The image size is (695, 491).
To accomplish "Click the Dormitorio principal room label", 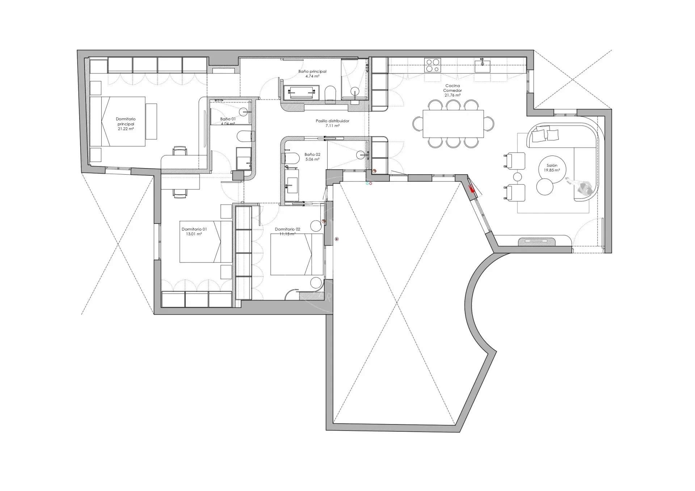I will click(126, 121).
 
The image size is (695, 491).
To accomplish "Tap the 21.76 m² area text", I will click(452, 95).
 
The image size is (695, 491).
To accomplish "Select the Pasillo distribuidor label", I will click(332, 121).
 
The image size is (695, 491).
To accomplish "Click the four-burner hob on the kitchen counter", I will click(432, 65).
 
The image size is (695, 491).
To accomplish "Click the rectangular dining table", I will click(453, 124).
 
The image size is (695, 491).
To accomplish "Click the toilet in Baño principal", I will click(330, 93).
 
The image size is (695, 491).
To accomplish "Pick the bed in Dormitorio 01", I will click(205, 242).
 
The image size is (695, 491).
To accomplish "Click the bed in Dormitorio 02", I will click(297, 254).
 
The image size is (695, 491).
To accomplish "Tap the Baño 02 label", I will click(312, 154).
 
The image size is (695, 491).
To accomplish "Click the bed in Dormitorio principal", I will click(118, 121).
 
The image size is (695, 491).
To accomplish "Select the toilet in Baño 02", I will click(291, 158).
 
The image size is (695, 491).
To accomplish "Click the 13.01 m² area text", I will click(194, 234).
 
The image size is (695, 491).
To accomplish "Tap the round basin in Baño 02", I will click(362, 155).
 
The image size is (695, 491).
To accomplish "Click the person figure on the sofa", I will click(582, 187).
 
